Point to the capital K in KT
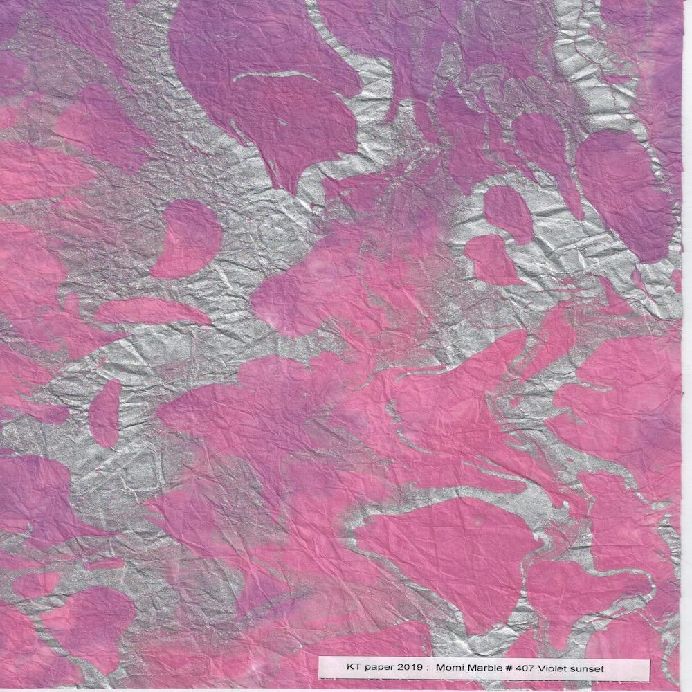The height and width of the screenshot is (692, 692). tap(347, 670)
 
